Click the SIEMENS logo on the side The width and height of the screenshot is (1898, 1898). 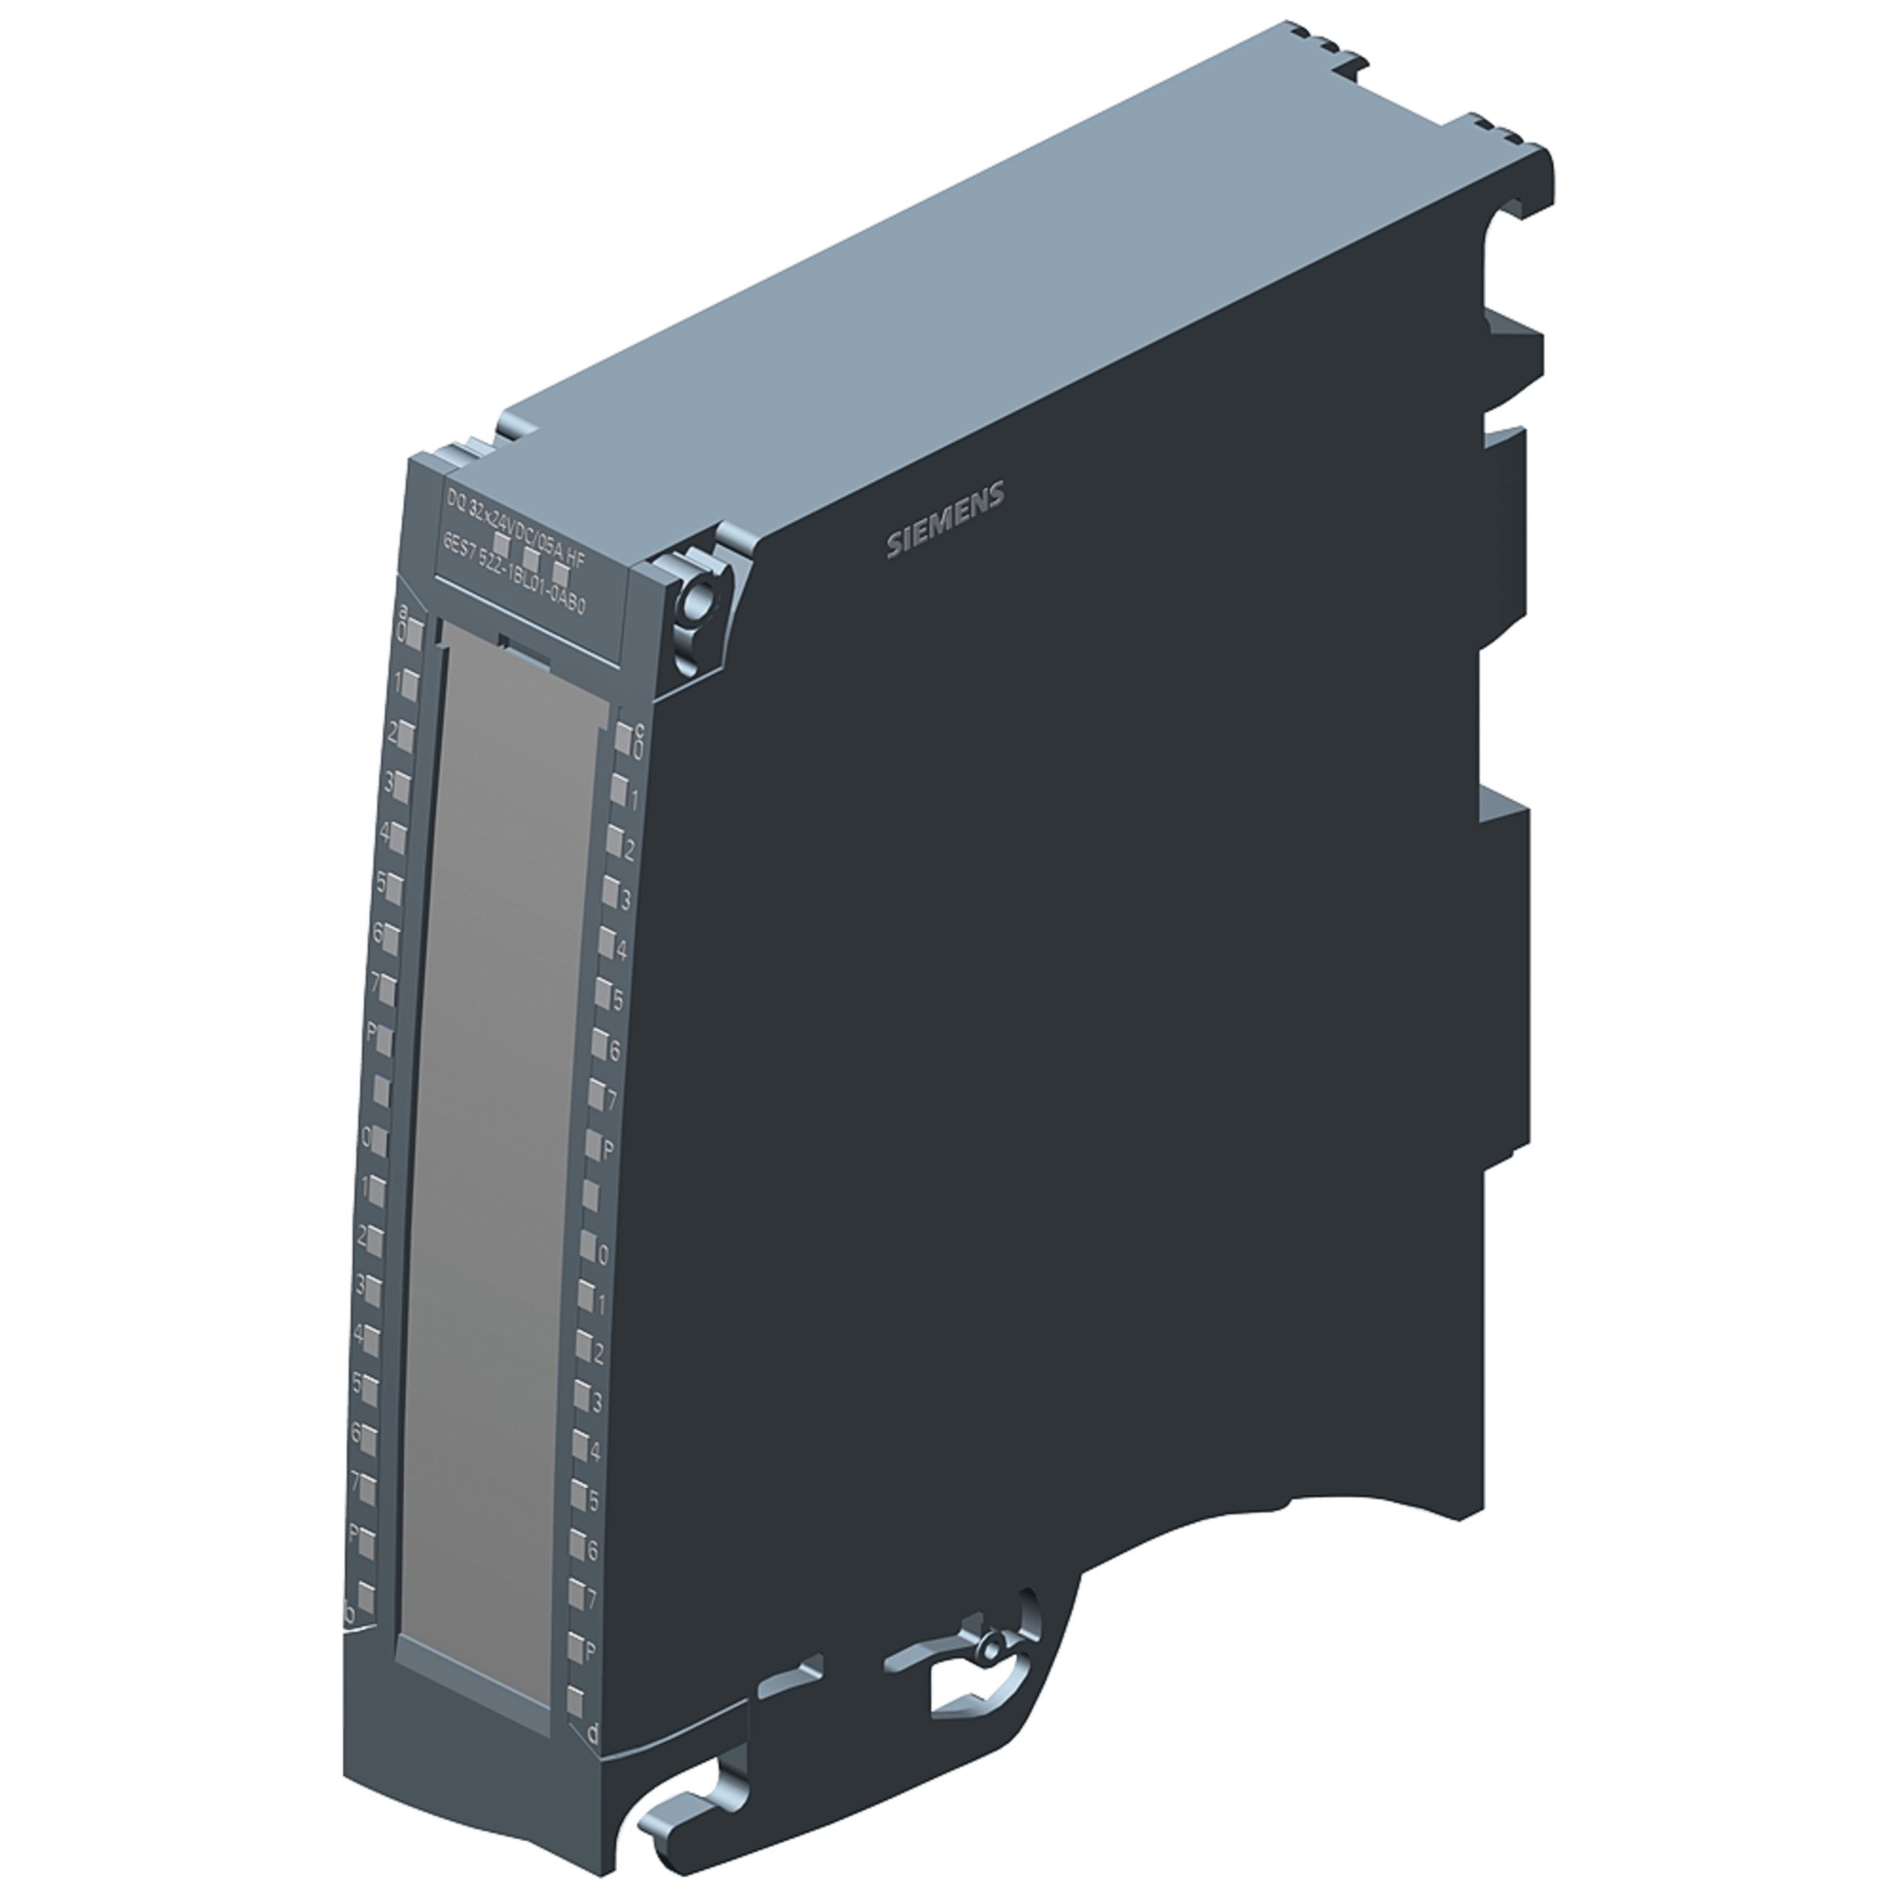click(x=945, y=521)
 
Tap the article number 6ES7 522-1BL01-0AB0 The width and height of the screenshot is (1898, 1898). click(x=514, y=574)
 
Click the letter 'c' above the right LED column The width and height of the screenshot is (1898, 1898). click(x=638, y=729)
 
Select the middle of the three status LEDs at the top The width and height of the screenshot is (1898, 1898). click(x=531, y=558)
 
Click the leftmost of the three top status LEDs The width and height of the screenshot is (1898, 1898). click(x=501, y=544)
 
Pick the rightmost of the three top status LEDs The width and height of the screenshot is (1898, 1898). click(x=561, y=572)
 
